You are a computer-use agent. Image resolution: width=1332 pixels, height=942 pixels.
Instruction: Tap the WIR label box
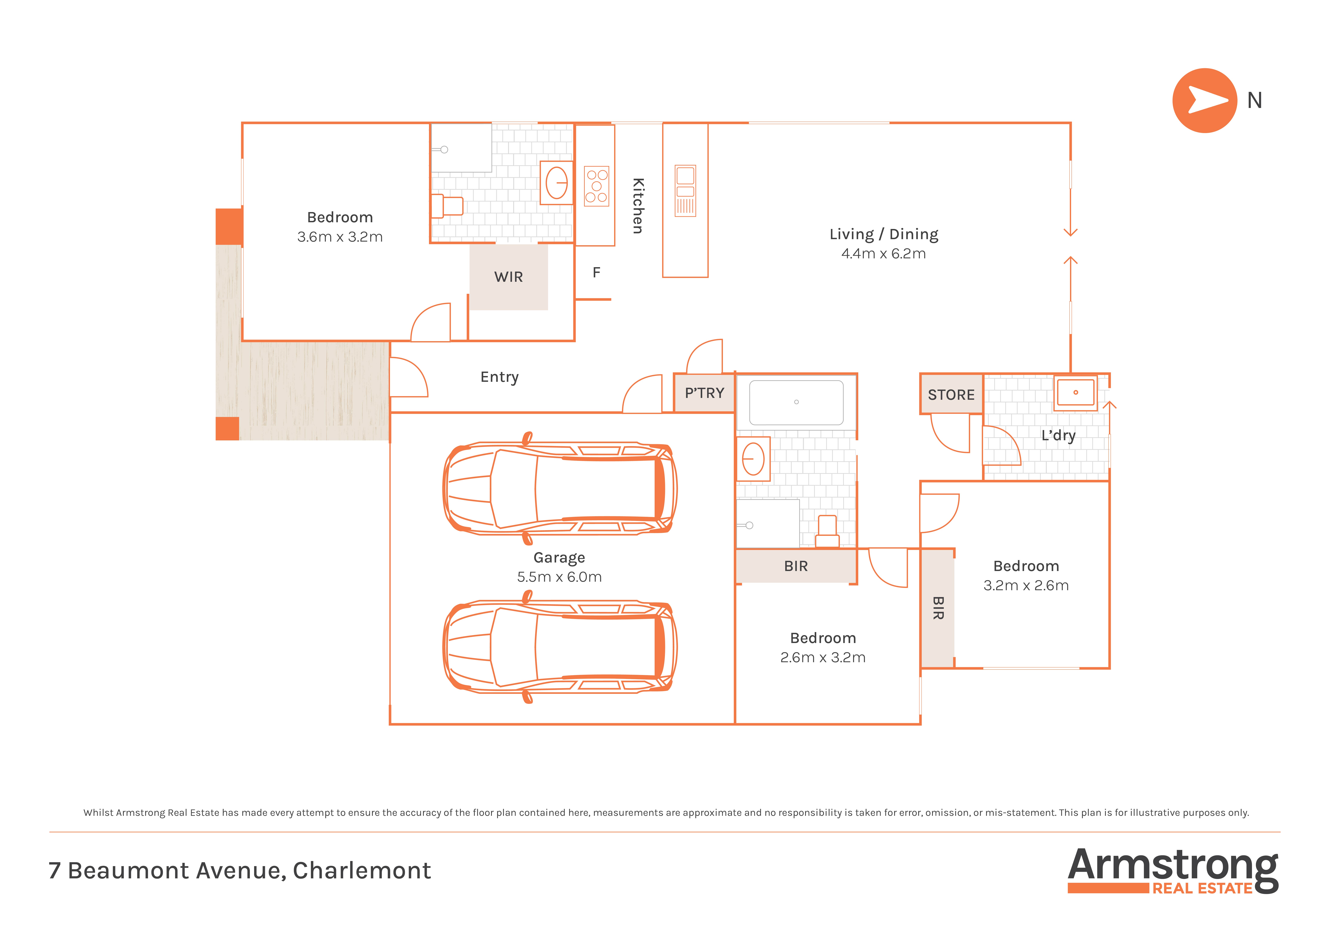tap(508, 277)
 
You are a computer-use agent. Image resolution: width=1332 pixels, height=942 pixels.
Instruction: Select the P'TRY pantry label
tap(704, 393)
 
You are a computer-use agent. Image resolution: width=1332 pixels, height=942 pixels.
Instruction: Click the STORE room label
tap(951, 395)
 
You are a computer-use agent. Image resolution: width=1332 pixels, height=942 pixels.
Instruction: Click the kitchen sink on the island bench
tap(685, 191)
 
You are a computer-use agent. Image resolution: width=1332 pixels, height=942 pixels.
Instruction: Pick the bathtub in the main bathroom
tap(796, 402)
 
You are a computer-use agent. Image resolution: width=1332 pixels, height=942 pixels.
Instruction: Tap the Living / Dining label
tap(884, 234)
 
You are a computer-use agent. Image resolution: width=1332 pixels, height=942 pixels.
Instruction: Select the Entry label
tap(499, 377)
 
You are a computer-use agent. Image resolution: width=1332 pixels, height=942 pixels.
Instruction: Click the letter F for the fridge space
tap(596, 272)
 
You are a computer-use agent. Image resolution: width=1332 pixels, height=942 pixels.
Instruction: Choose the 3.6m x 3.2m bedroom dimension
tap(340, 237)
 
